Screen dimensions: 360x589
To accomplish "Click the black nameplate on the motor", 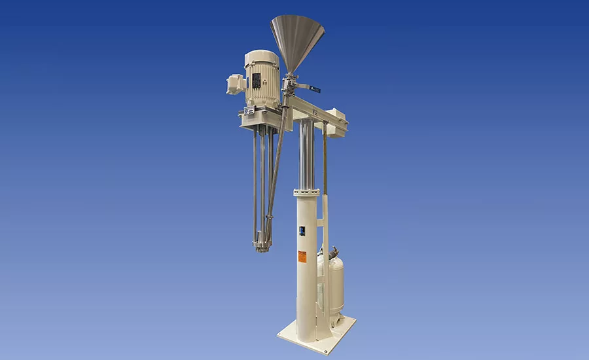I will coord(257,81).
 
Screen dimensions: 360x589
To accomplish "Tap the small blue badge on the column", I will coord(302,230).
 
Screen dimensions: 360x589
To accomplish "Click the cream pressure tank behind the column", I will coord(334,281).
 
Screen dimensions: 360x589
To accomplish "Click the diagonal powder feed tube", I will coord(276,170).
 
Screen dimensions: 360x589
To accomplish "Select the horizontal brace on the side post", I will coord(323,226).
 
